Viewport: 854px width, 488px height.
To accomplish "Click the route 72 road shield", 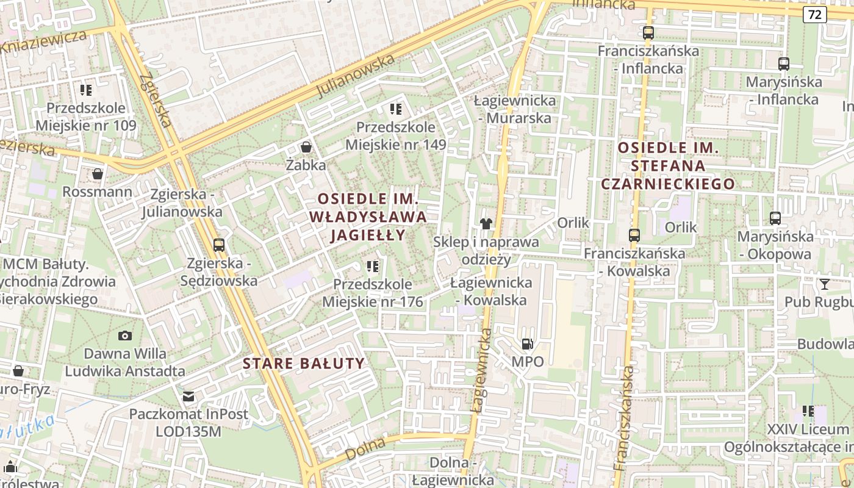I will (815, 15).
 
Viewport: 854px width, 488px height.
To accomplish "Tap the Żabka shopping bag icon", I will (306, 147).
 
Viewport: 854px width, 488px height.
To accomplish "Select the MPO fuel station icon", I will (527, 344).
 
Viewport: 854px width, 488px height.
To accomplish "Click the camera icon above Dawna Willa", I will (125, 335).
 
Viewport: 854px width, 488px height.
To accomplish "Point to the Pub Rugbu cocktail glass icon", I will (825, 284).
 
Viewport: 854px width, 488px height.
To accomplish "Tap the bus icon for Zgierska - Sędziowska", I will (219, 245).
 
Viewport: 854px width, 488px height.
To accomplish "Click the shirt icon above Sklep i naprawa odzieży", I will (486, 224).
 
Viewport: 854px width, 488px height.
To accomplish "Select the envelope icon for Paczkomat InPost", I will (189, 396).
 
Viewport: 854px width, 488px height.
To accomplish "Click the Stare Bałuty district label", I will (304, 364).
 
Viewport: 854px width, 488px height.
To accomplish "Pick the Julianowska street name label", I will (356, 77).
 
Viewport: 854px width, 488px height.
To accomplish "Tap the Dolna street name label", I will (365, 449).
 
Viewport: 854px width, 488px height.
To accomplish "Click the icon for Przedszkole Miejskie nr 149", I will (396, 109).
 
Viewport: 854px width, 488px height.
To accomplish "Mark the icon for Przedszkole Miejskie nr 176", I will (372, 266).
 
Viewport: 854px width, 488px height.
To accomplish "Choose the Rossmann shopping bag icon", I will (97, 174).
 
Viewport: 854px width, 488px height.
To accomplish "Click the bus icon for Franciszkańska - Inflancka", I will (648, 33).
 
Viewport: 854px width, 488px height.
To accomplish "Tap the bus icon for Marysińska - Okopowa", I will (775, 218).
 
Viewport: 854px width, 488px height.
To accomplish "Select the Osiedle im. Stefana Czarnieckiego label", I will (669, 165).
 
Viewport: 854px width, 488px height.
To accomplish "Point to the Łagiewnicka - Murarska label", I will (515, 109).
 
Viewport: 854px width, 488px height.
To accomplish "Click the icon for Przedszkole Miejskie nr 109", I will (86, 90).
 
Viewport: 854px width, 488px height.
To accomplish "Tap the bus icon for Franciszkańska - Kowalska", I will (634, 235).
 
